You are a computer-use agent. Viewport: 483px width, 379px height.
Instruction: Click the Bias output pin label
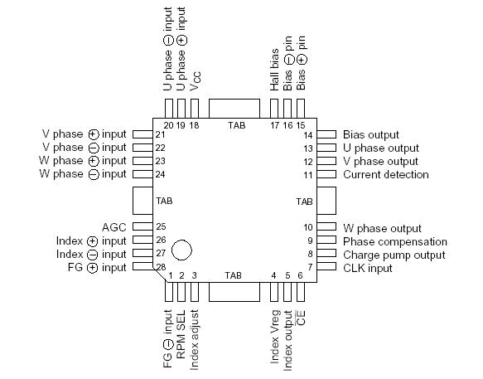[370, 134]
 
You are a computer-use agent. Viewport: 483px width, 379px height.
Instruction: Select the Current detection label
[385, 174]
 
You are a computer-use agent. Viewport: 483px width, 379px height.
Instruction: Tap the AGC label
[114, 226]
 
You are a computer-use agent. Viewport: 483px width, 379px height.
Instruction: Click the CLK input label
[369, 267]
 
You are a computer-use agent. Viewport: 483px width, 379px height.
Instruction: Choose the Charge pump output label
[394, 255]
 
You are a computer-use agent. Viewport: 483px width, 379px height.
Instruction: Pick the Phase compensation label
[394, 241]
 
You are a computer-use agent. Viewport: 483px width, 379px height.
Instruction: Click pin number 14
[307, 134]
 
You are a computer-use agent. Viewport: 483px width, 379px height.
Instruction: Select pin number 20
[168, 125]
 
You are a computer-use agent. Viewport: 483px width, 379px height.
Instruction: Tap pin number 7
[309, 267]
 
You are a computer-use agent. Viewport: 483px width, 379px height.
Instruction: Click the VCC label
[196, 81]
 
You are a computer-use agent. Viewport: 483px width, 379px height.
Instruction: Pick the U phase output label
[380, 148]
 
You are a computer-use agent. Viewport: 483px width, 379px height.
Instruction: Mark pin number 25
[161, 226]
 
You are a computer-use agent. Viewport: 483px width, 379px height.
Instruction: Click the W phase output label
[381, 228]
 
